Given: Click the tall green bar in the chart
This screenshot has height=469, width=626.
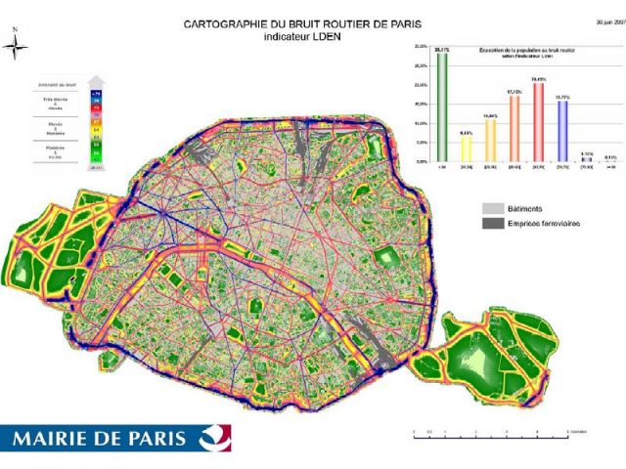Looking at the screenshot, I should click(443, 107).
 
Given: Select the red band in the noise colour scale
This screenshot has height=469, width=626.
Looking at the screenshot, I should click(96, 108).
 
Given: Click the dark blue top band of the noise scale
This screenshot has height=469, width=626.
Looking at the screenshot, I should click(96, 93).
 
